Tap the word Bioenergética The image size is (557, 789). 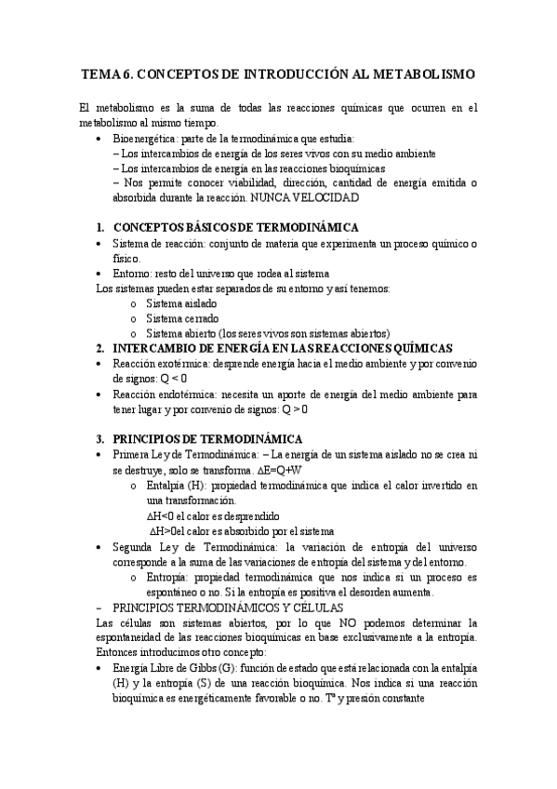click(144, 138)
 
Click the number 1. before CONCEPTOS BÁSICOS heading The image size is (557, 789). click(101, 228)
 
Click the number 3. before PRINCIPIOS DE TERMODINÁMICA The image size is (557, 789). click(101, 438)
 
